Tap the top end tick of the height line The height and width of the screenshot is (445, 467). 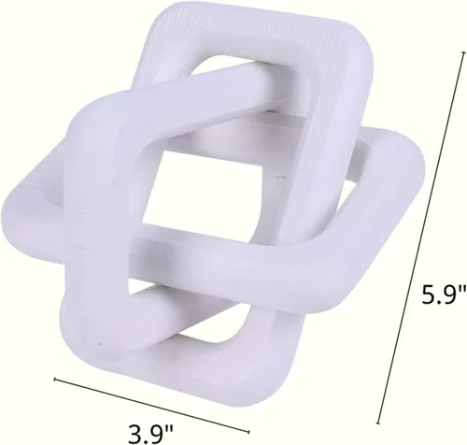463,52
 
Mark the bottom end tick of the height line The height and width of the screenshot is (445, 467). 377,423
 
